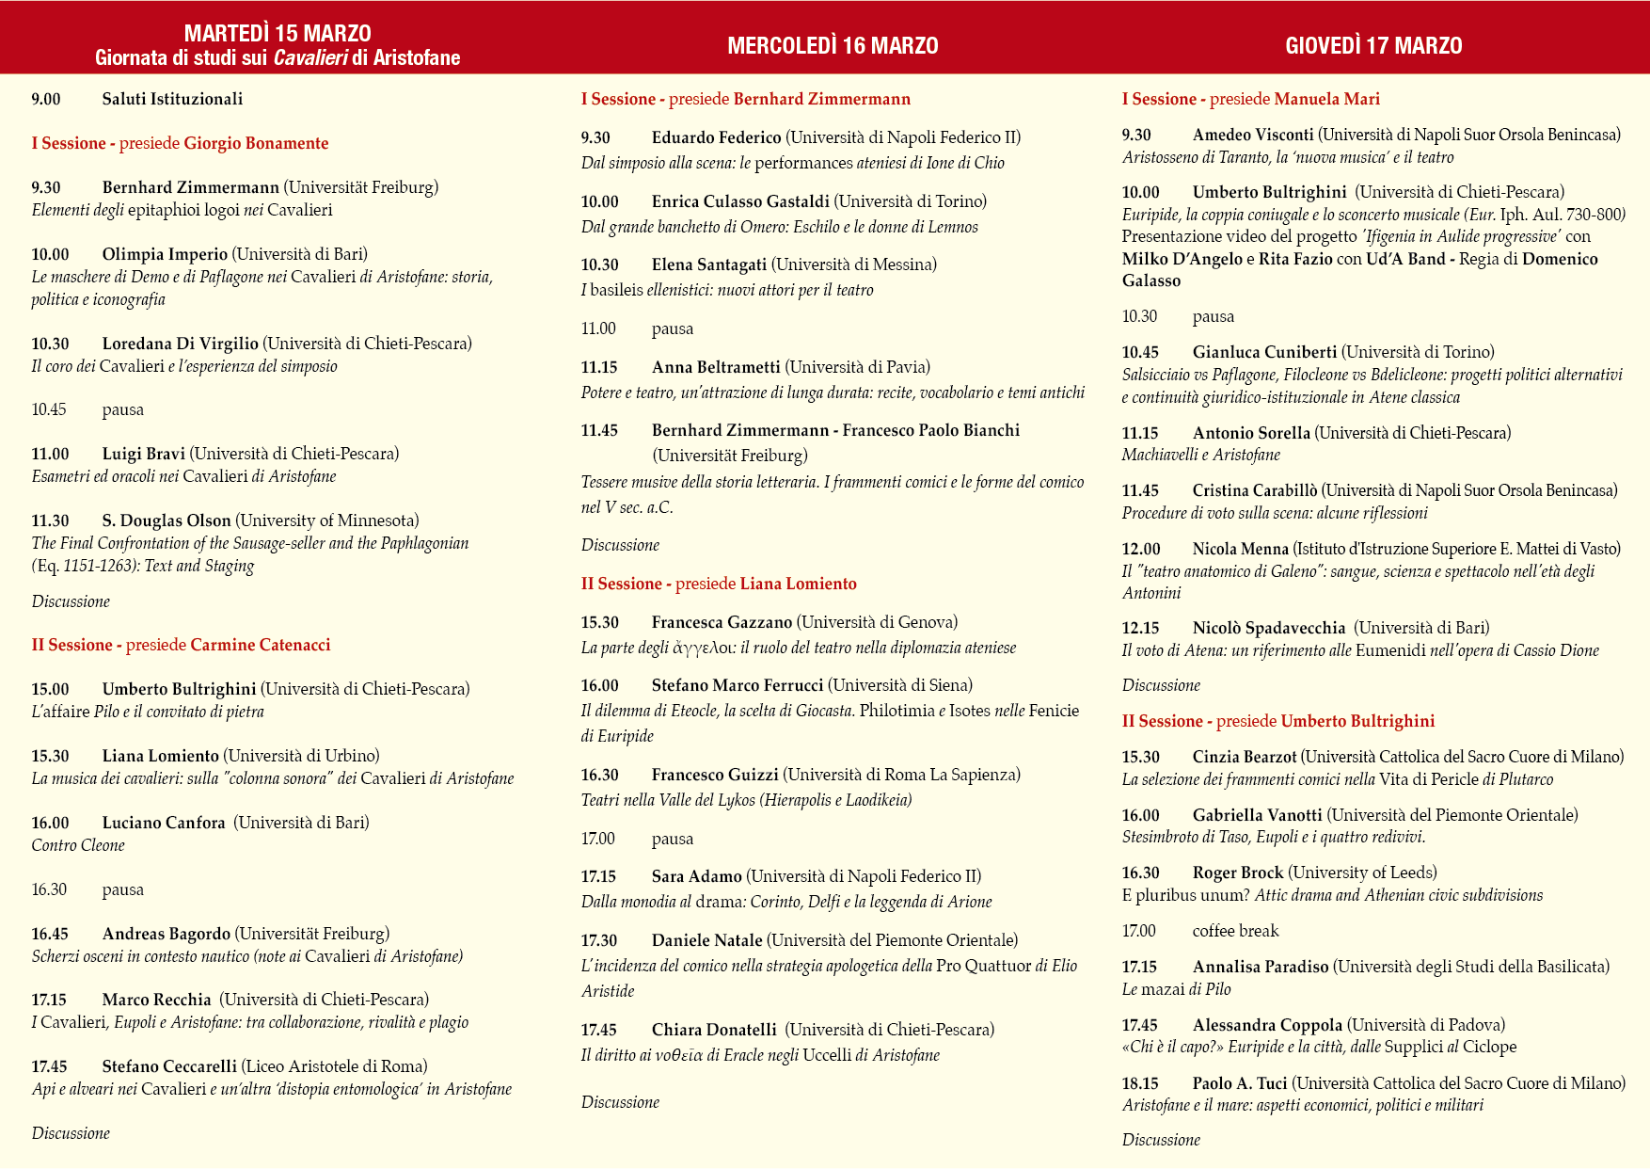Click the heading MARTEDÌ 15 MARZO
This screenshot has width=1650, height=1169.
[x=278, y=34]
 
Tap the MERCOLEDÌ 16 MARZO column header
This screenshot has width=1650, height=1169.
[x=833, y=45]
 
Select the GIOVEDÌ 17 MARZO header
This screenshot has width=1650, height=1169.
[x=1373, y=45]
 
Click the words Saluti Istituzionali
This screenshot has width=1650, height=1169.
[x=172, y=99]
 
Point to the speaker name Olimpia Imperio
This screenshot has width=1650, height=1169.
[x=165, y=254]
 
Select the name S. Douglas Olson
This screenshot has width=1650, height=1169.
[x=167, y=520]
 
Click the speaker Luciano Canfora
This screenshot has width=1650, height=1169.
[x=164, y=823]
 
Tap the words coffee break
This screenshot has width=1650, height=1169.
[x=1235, y=931]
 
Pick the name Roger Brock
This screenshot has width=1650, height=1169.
[x=1238, y=873]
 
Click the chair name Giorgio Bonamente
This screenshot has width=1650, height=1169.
[x=256, y=143]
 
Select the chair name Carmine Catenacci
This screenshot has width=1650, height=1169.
[x=261, y=645]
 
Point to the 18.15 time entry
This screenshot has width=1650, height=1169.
[x=1140, y=1083]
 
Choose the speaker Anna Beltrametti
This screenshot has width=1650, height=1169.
[x=716, y=367]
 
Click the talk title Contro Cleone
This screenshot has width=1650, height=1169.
[x=78, y=845]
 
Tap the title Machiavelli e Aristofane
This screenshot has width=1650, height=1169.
[x=1200, y=455]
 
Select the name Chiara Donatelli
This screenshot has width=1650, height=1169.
[x=714, y=1030]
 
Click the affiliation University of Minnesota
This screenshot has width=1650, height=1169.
[x=327, y=520]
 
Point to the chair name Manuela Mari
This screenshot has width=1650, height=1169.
[x=1326, y=99]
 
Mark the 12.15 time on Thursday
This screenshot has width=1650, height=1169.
[x=1140, y=628]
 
